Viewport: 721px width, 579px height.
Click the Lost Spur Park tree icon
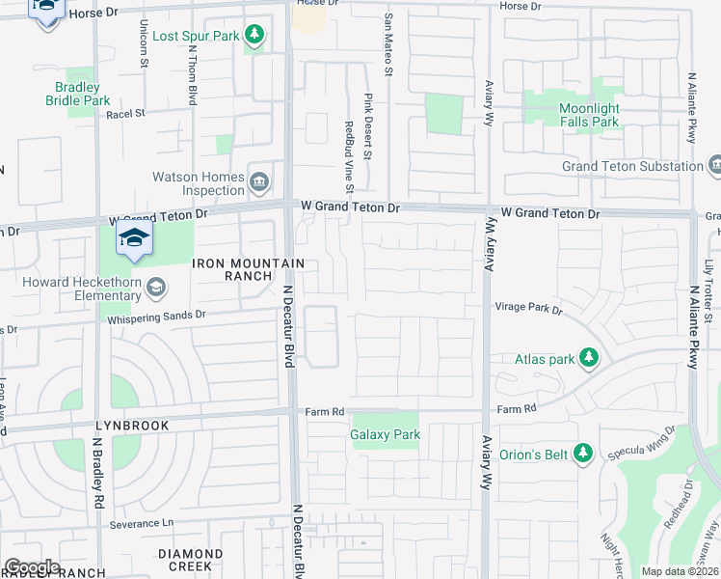254,36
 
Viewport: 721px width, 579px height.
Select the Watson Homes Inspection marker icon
258,181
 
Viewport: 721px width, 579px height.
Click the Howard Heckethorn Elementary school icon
156,287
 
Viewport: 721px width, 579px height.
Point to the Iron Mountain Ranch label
249,269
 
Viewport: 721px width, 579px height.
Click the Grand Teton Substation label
633,166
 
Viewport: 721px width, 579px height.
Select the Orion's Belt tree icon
581,453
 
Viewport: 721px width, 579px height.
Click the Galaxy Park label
386,434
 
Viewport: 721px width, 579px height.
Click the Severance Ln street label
141,523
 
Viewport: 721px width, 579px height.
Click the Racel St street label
126,113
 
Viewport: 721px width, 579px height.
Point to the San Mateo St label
389,58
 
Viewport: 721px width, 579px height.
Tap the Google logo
32,567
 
